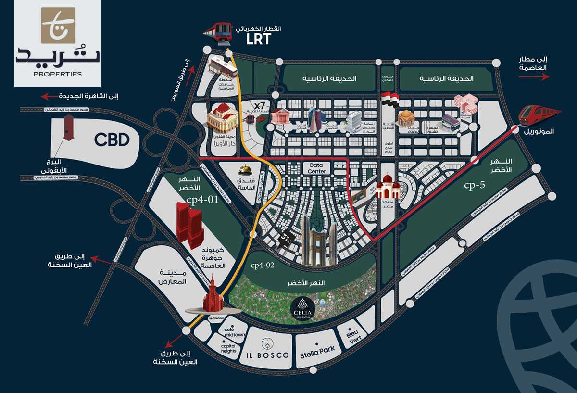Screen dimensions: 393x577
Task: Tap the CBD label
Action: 112,140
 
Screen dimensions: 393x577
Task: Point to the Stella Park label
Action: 317,349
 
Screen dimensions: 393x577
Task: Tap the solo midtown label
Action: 235,332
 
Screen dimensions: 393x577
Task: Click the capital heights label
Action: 228,348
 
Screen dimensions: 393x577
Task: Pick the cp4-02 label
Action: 262,265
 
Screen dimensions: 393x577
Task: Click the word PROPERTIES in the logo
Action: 58,74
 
